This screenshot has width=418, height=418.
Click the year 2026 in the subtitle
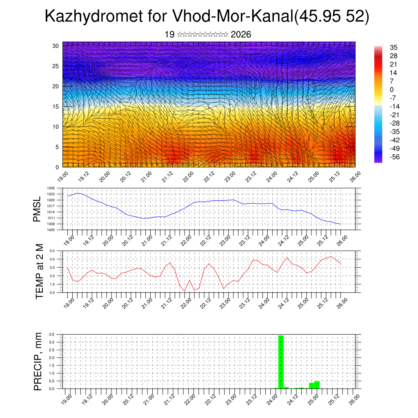coord(241,35)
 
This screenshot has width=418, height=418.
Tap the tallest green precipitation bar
coord(281,362)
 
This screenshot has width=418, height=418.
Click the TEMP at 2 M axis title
coord(40,271)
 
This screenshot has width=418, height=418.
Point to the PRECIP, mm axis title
coord(38,361)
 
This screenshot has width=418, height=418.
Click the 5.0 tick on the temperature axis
coord(52,251)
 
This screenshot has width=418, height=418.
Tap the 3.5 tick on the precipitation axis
coord(51,334)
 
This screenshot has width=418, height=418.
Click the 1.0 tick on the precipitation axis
coord(51,373)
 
